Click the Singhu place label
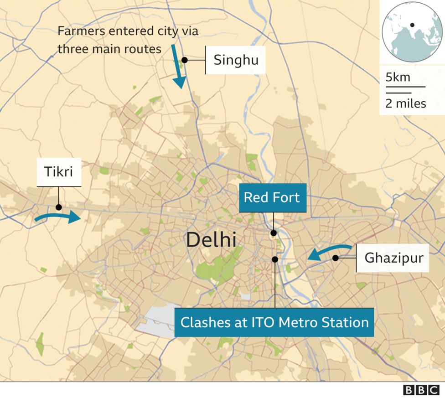click(x=236, y=60)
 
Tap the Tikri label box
click(x=58, y=172)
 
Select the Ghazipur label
click(x=393, y=258)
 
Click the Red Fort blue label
click(x=272, y=198)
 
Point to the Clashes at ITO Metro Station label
click(x=274, y=322)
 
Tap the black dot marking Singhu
click(x=185, y=60)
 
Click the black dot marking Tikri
click(x=58, y=207)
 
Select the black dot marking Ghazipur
click(x=336, y=258)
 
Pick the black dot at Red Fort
click(x=274, y=233)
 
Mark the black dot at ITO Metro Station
click(x=275, y=259)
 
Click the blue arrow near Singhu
click(x=178, y=66)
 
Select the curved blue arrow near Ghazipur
click(x=328, y=252)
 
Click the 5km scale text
click(x=398, y=77)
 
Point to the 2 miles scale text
click(x=405, y=103)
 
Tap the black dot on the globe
click(x=412, y=25)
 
